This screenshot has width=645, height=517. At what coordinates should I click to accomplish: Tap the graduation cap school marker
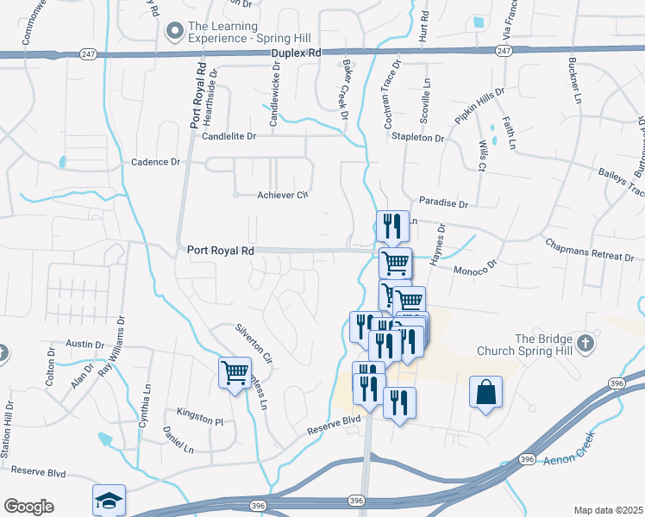[110, 501]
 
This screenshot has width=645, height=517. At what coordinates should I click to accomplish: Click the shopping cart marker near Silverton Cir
[235, 373]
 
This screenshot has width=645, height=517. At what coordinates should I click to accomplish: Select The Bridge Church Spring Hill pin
[586, 345]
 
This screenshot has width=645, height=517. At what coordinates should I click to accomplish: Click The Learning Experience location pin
[175, 32]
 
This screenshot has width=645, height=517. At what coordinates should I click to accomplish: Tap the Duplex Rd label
[295, 53]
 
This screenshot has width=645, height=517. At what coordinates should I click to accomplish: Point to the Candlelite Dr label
[229, 136]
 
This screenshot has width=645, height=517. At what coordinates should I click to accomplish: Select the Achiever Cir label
[283, 195]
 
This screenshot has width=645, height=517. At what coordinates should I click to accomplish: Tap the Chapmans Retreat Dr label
[590, 250]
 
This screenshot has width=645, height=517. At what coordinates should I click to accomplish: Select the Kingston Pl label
[199, 419]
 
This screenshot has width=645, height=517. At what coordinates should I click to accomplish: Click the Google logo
[28, 507]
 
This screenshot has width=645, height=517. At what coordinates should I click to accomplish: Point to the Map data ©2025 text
[607, 510]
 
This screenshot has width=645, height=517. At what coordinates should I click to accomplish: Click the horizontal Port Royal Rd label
[222, 251]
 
